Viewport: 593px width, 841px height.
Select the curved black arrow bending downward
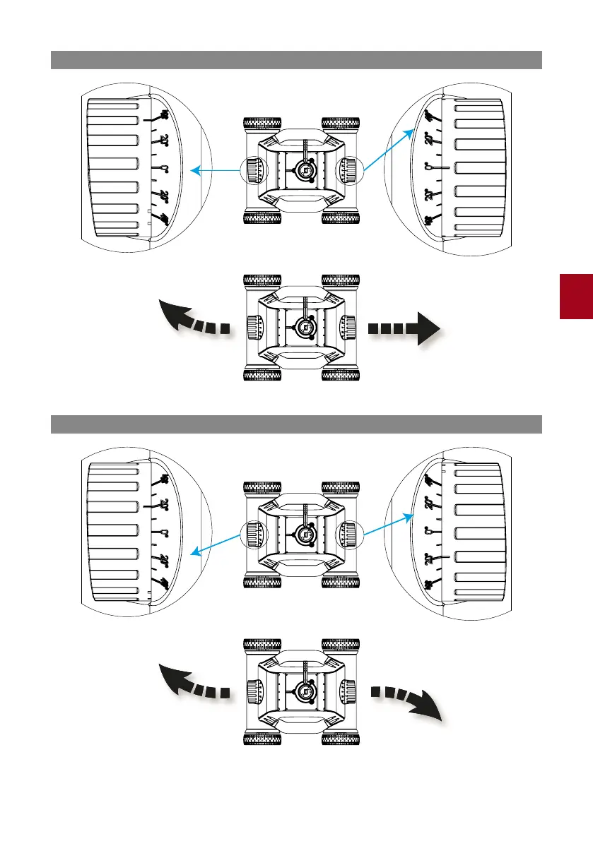pos(409,702)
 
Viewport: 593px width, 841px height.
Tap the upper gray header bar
pos(296,60)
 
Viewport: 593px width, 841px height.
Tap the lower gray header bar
pos(296,424)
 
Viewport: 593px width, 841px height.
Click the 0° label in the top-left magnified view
pos(163,169)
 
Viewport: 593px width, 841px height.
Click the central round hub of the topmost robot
pos(305,169)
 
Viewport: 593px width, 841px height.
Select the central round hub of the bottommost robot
pos(305,689)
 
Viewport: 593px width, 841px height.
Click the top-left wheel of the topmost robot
pos(262,122)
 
